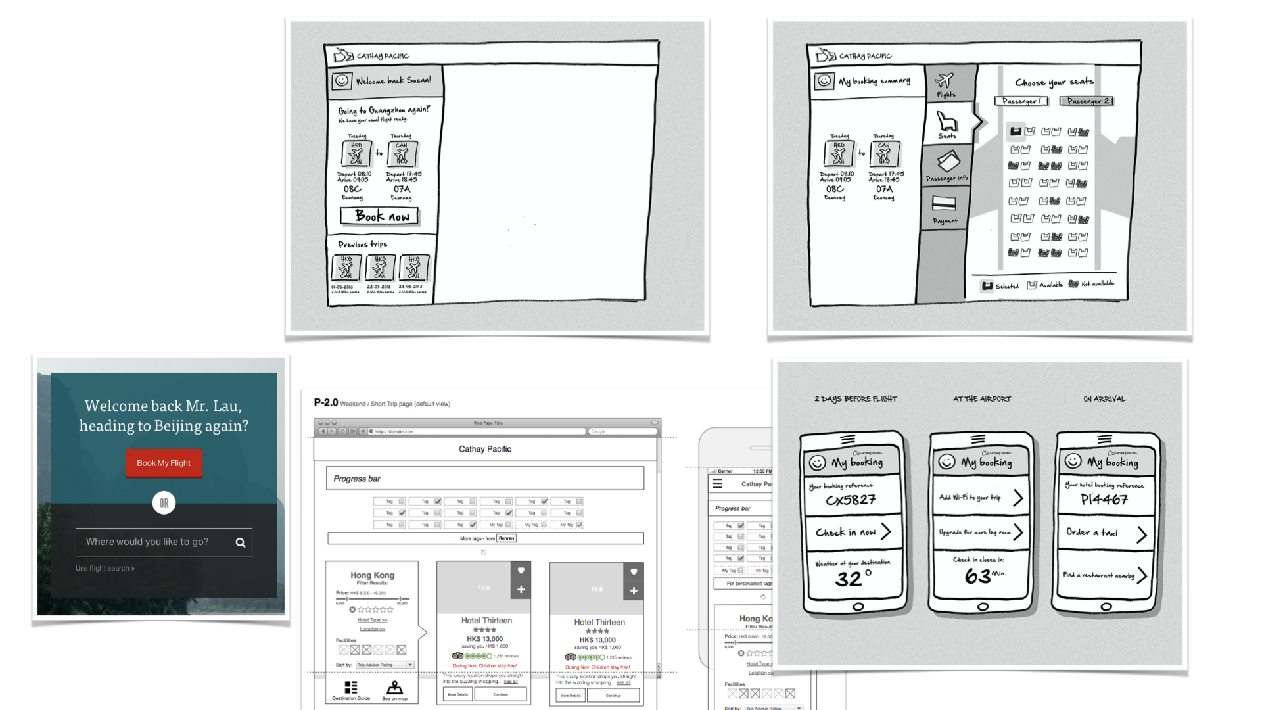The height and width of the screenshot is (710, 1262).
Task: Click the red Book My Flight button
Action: [164, 463]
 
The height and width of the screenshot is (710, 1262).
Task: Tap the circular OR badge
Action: [164, 503]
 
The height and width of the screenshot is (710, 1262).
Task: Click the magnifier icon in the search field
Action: [241, 543]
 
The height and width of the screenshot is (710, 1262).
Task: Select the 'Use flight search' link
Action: [105, 569]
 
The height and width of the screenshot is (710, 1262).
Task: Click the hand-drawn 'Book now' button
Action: [379, 216]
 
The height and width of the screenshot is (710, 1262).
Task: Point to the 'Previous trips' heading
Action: [362, 244]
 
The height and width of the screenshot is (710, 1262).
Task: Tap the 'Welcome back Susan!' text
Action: [393, 81]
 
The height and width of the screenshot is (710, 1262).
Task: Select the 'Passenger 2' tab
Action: [1087, 101]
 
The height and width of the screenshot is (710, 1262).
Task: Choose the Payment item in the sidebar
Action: [945, 210]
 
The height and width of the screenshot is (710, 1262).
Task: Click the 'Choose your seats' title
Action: [1054, 82]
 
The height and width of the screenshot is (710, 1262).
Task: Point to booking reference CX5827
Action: [851, 500]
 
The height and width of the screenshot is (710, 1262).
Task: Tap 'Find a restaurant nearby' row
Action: [1105, 575]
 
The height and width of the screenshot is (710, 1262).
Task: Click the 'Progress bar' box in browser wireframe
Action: [484, 479]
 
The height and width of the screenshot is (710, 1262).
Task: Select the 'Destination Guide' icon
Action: [351, 690]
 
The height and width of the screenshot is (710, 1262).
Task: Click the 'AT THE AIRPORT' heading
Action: [982, 399]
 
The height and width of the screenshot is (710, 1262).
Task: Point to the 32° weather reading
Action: [853, 579]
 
